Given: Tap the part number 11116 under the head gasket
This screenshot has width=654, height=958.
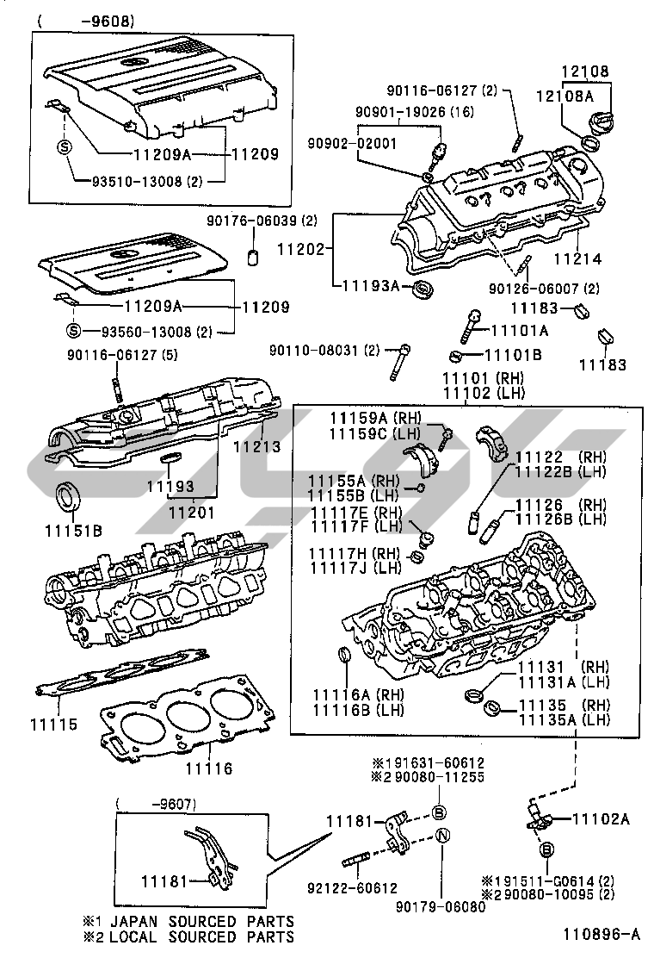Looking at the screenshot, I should (211, 768).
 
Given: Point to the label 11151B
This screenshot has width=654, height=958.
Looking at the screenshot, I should (72, 530).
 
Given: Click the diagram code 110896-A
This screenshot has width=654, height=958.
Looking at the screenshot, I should (602, 933).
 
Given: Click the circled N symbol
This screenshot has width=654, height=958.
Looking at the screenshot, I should (441, 836).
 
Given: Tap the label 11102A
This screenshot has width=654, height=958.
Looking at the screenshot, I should (601, 818).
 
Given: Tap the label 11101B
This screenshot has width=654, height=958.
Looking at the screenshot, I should (513, 355).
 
